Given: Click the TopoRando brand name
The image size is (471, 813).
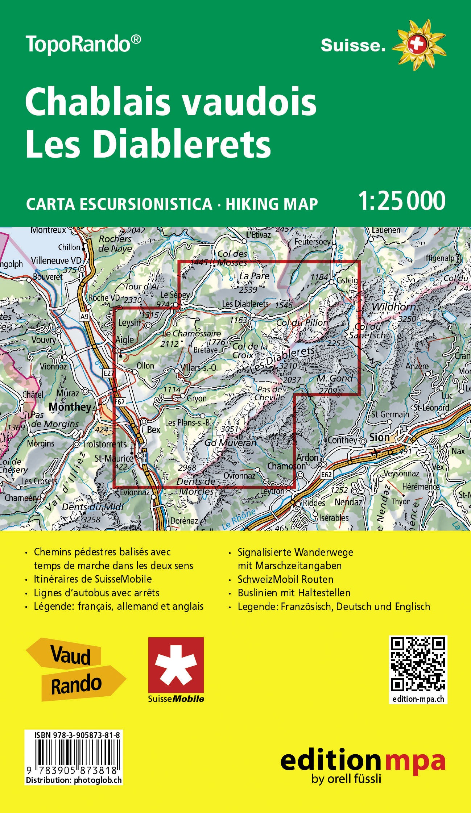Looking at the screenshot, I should point(83,44).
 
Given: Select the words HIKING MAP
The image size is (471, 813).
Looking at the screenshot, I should point(272,204).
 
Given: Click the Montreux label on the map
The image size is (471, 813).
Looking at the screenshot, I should point(49,230).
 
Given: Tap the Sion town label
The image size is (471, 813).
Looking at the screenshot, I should point(379,437).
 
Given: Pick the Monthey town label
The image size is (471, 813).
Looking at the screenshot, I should point(70,407).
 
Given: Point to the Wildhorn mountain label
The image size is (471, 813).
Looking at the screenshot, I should point(393,307).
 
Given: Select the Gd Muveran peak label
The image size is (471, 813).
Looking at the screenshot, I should point(230,442).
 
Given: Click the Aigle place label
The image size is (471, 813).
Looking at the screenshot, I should point(124,340).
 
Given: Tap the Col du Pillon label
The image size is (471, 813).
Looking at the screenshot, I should point(302,322).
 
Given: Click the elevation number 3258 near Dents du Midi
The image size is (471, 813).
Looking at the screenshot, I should point(91,519).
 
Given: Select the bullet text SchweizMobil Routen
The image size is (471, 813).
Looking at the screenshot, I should point(285,579).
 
